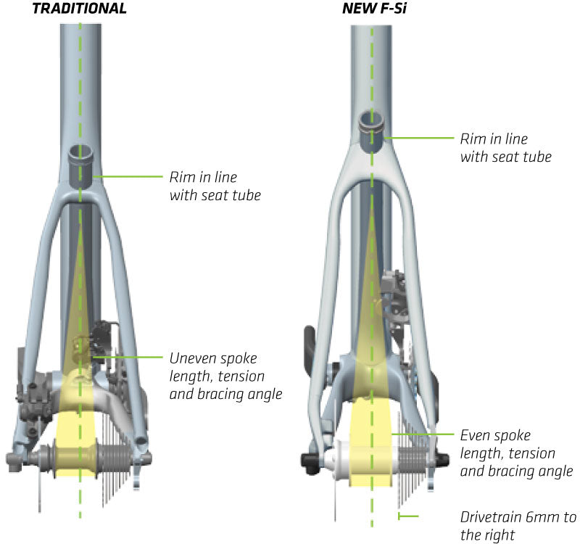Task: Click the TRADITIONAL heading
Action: (80, 9)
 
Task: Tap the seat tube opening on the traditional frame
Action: (81, 152)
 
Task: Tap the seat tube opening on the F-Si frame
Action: (372, 116)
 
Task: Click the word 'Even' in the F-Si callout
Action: (474, 436)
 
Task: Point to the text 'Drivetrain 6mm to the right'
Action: (518, 527)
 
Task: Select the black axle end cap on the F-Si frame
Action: (308, 458)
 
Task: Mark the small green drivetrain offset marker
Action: (407, 516)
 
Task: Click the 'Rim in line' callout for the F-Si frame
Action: (505, 147)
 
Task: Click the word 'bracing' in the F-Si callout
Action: (508, 471)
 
